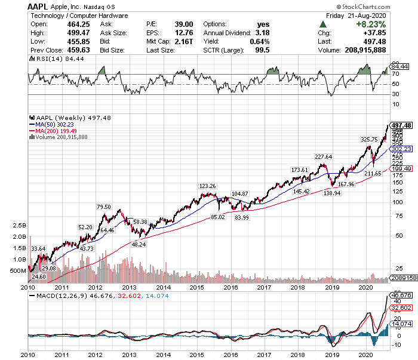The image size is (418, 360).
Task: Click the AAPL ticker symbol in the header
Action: (38, 6)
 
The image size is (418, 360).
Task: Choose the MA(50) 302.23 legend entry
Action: (57, 125)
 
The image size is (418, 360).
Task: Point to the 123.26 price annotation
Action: (208, 186)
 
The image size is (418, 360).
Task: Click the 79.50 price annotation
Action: (104, 207)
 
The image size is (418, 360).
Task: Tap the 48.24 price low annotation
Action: (139, 245)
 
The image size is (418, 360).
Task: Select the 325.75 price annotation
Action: (369, 139)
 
